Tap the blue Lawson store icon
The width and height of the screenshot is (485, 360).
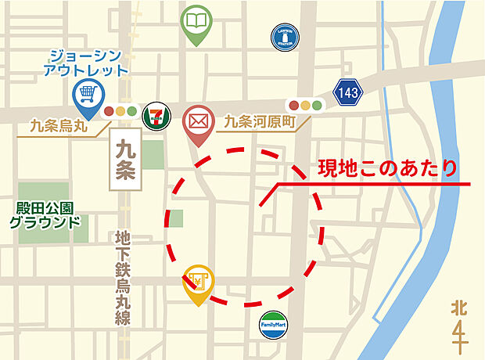coord(284,35)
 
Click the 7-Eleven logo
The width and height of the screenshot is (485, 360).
coord(156,116)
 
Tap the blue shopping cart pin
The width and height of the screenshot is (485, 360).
coord(85,96)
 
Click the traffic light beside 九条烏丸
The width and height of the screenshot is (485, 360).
coord(120,112)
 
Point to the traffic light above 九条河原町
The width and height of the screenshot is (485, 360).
coord(305,105)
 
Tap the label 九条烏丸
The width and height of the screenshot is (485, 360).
coord(58,124)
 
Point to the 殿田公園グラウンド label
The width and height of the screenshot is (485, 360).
coord(45,214)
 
